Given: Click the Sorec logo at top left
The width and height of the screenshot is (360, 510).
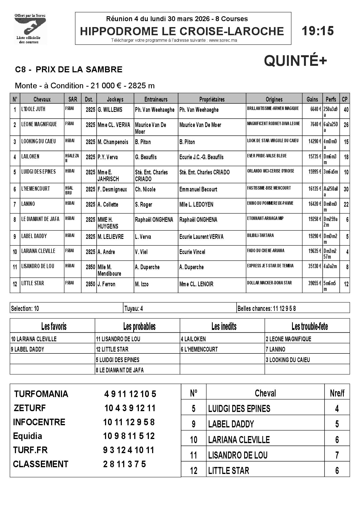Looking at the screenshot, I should tap(30, 29).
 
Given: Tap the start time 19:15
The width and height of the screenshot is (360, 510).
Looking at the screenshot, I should tap(318, 31).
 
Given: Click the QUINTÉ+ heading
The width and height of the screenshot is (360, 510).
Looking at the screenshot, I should tap(295, 61).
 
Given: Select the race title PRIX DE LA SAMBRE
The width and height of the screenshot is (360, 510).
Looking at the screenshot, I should tap(79, 70).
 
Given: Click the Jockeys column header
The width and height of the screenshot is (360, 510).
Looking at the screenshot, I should tap(115, 99).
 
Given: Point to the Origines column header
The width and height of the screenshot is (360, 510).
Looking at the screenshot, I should tap(274, 99).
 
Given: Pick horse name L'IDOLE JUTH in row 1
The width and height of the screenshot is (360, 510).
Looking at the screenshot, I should tap(33, 109).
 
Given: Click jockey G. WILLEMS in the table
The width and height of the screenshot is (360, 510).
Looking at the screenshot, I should tap(110, 110).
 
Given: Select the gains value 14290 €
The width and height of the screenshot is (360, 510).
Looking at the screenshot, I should tap(315, 141).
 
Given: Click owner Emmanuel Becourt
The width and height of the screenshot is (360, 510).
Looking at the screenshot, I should tap(198, 189).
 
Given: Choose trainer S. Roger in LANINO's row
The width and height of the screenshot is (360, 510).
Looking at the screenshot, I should tap(143, 204).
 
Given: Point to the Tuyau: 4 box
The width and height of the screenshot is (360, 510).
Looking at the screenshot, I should tap(134, 308).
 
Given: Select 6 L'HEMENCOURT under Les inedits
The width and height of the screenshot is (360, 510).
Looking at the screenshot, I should tap(199, 349).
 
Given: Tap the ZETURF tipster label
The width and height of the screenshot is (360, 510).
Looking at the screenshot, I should tap(30, 408).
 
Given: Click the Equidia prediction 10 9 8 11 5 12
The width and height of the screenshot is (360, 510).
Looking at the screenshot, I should tap(129, 436).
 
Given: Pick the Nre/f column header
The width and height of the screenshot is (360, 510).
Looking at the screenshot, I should tap(337, 393).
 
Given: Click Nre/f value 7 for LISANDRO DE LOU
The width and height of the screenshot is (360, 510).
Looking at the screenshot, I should tap(337, 455).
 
